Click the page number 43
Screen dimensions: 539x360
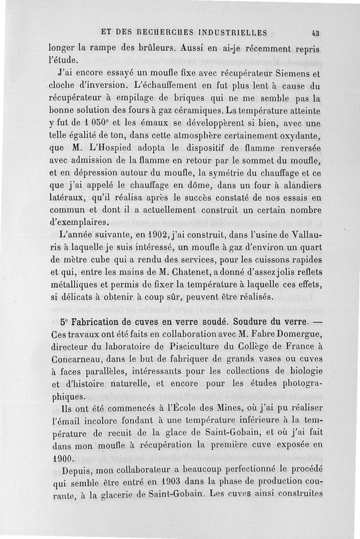tap(315, 33)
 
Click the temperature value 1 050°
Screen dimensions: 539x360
tap(98, 122)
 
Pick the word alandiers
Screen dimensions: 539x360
tap(297, 184)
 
